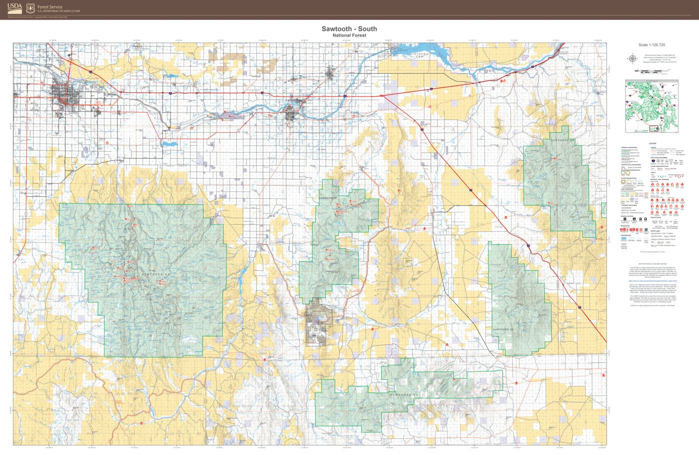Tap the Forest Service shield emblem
tap(30, 8)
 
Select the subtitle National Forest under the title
tap(349, 35)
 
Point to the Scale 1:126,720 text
tap(652, 45)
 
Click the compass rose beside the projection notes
tap(632, 59)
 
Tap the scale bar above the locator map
tap(653, 71)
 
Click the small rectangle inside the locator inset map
tap(654, 128)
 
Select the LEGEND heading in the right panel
tap(653, 143)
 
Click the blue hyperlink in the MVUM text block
tap(653, 281)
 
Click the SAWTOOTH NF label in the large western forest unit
tap(156, 274)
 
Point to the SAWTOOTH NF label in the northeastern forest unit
tap(563, 141)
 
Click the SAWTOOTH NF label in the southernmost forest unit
tap(404, 395)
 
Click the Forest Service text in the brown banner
tap(50, 7)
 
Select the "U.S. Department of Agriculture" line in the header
tap(59, 11)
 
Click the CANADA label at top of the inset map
tap(652, 82)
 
